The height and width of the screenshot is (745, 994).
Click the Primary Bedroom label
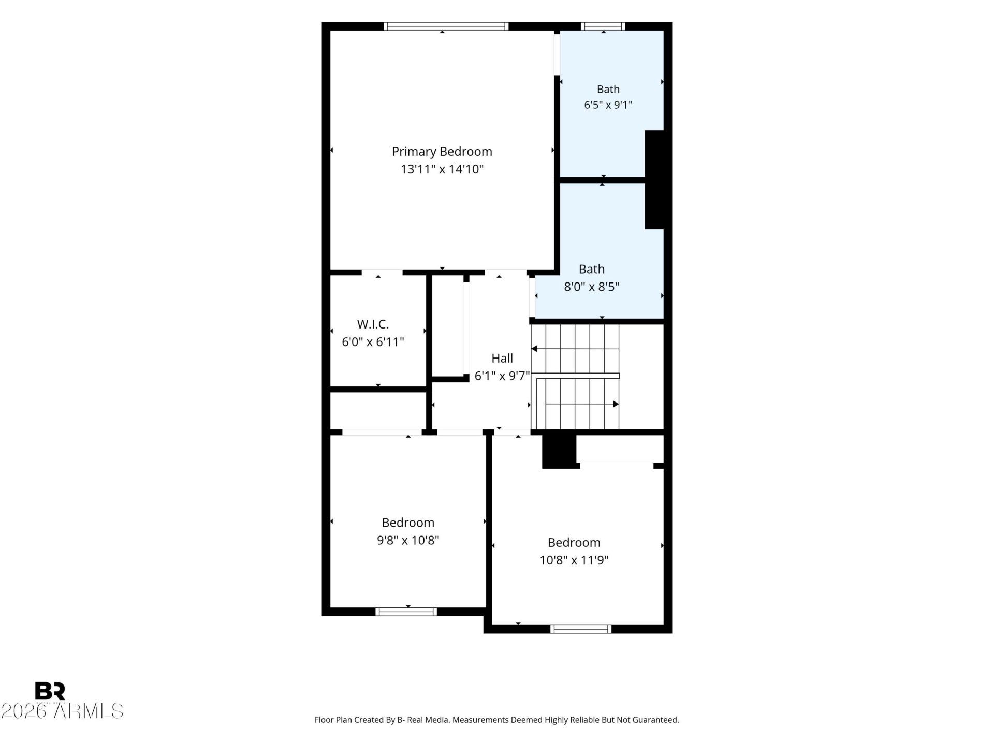click(442, 152)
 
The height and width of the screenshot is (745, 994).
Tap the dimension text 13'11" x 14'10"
click(442, 169)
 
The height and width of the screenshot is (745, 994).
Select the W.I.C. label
click(373, 324)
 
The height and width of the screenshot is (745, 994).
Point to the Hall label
click(502, 358)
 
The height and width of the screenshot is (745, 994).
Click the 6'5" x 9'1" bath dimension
click(608, 105)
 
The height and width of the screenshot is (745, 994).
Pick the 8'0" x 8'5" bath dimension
click(591, 287)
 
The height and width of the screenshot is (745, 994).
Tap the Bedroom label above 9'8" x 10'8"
click(408, 523)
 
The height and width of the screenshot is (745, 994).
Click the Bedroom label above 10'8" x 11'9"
click(574, 543)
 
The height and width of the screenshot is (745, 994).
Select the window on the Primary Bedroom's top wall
click(446, 26)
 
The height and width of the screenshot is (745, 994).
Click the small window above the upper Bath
click(603, 26)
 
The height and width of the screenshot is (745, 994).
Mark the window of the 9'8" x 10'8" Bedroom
click(406, 612)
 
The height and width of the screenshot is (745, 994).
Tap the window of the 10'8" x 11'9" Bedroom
click(581, 629)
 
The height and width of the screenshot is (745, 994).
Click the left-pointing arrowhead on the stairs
click(534, 349)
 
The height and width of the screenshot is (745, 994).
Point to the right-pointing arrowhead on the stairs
click(616, 404)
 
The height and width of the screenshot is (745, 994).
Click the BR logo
click(50, 691)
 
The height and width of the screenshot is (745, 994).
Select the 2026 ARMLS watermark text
click(62, 711)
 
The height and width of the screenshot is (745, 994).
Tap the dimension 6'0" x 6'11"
click(373, 342)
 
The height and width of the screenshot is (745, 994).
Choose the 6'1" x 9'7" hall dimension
click(502, 376)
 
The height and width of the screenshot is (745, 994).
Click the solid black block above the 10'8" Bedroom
click(559, 451)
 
